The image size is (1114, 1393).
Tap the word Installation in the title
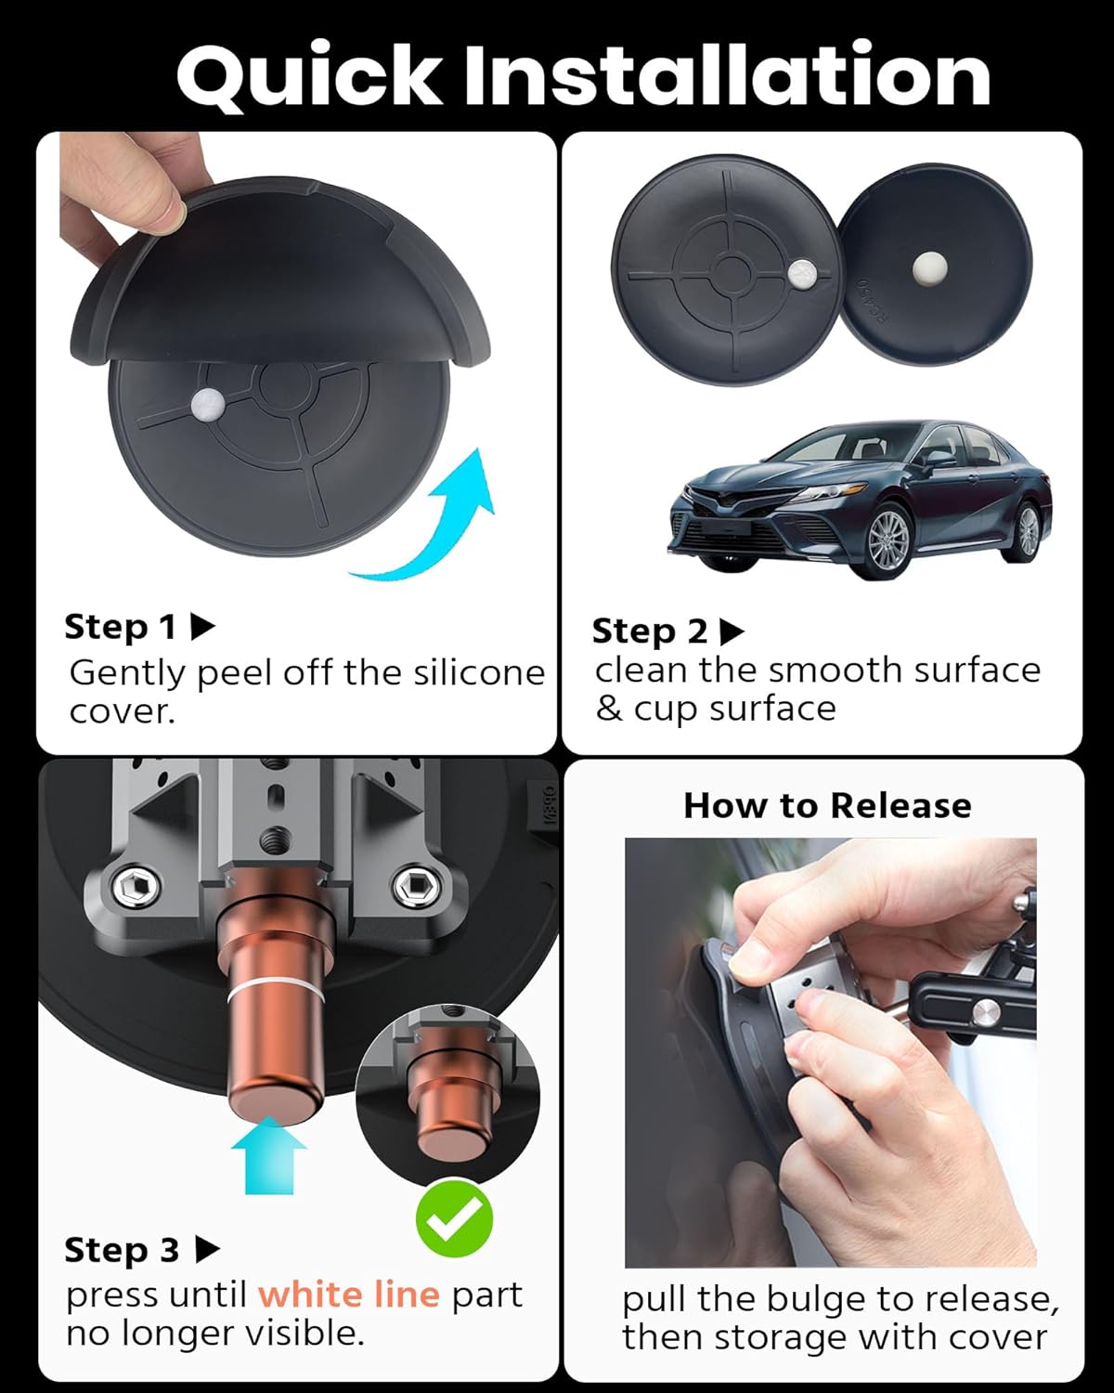727,74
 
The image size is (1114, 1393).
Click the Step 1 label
120,628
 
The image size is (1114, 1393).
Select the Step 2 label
649,631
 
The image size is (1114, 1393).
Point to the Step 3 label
122,1250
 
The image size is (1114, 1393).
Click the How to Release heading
827,805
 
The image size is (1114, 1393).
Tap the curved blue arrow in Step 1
436,520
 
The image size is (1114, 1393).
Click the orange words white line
348,1294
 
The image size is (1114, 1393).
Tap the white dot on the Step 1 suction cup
204,403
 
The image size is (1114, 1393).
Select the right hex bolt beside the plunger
409,889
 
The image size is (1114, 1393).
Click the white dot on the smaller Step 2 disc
929,268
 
